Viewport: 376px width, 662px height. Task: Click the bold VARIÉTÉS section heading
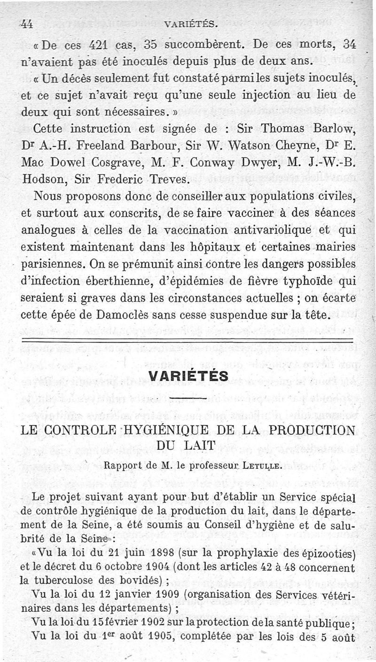point(188,376)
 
